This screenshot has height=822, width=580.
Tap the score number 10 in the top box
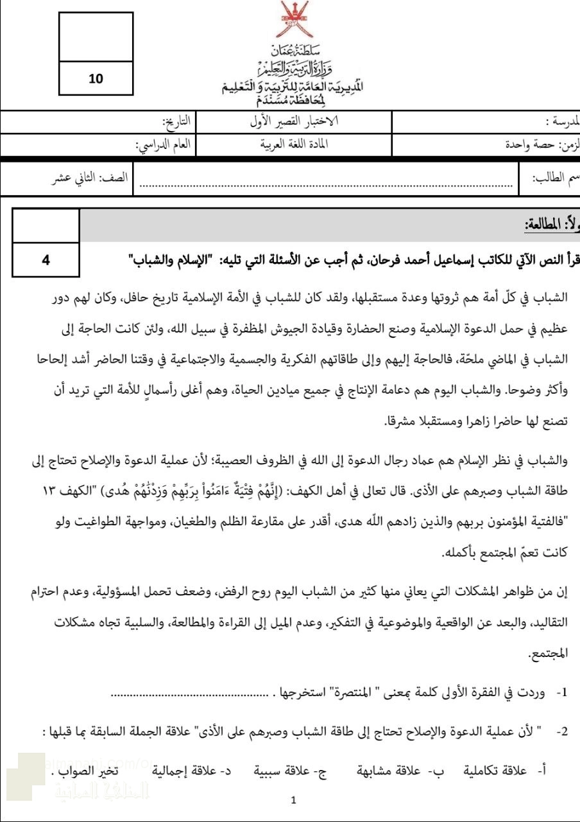point(95,79)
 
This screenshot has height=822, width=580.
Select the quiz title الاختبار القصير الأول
point(294,120)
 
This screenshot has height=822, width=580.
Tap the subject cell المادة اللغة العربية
point(294,144)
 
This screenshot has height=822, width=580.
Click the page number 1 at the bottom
point(293,801)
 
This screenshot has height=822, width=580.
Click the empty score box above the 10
point(95,37)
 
